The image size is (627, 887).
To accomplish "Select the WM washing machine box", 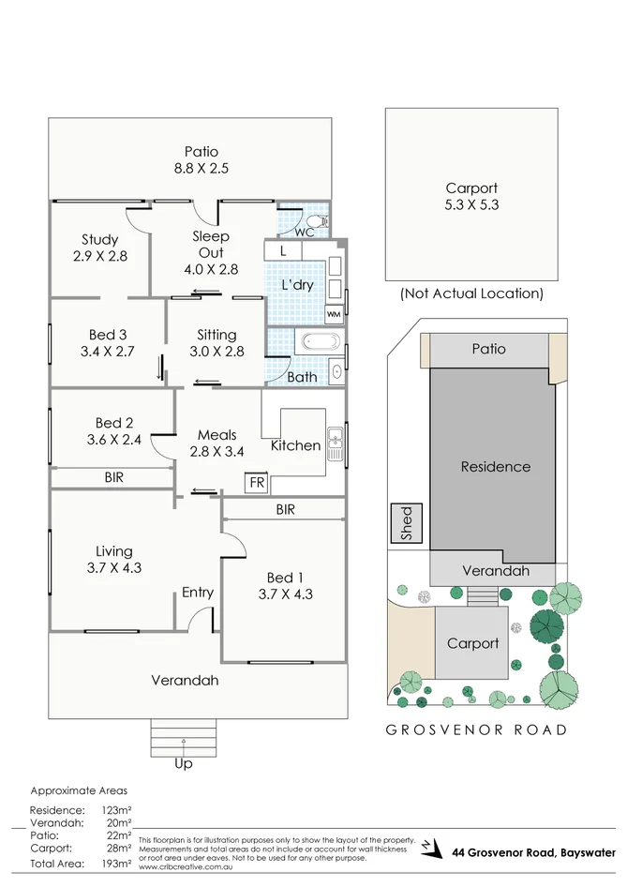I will [334, 314].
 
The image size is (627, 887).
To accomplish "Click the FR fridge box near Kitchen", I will [255, 483].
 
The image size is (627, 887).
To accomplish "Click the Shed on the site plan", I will [407, 523].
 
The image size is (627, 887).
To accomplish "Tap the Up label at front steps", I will [184, 764].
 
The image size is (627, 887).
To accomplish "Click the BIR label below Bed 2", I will [113, 477].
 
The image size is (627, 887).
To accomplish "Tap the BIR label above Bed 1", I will [286, 510].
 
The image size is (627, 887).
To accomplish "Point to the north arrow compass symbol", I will [428, 847].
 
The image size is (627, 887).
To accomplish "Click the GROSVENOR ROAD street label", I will [478, 729].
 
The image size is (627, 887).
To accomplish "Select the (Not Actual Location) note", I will [471, 293].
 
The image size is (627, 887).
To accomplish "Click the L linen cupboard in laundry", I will [283, 251].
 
